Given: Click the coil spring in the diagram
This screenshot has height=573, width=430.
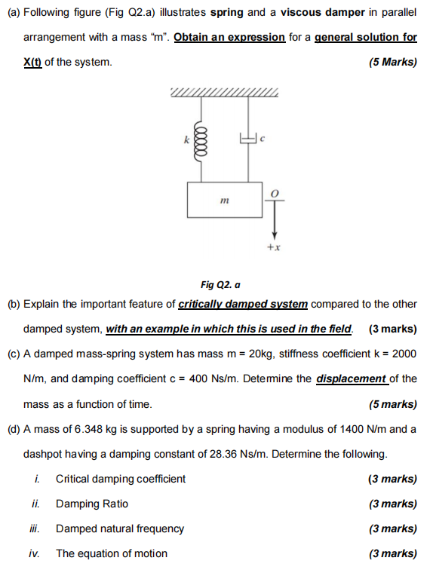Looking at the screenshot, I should click(x=200, y=139).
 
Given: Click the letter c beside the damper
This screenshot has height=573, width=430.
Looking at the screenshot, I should click(x=263, y=139).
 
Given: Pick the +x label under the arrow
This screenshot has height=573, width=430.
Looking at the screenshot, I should click(x=273, y=247).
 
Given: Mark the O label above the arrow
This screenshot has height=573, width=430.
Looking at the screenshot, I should click(x=275, y=194).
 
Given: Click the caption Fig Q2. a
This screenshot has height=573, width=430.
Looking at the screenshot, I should click(x=220, y=285).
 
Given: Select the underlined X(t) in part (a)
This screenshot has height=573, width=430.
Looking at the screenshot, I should click(x=32, y=62).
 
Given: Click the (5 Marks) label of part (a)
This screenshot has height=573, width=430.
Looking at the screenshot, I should click(x=392, y=62).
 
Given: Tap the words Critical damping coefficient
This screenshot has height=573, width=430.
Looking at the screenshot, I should click(x=121, y=479).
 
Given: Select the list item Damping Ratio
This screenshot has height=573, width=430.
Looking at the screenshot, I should click(x=92, y=504).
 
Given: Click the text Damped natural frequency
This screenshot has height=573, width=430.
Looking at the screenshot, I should click(x=120, y=529).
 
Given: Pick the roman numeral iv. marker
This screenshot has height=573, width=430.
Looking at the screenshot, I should click(x=35, y=553).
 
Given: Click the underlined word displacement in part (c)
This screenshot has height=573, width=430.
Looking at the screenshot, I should click(x=352, y=378).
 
